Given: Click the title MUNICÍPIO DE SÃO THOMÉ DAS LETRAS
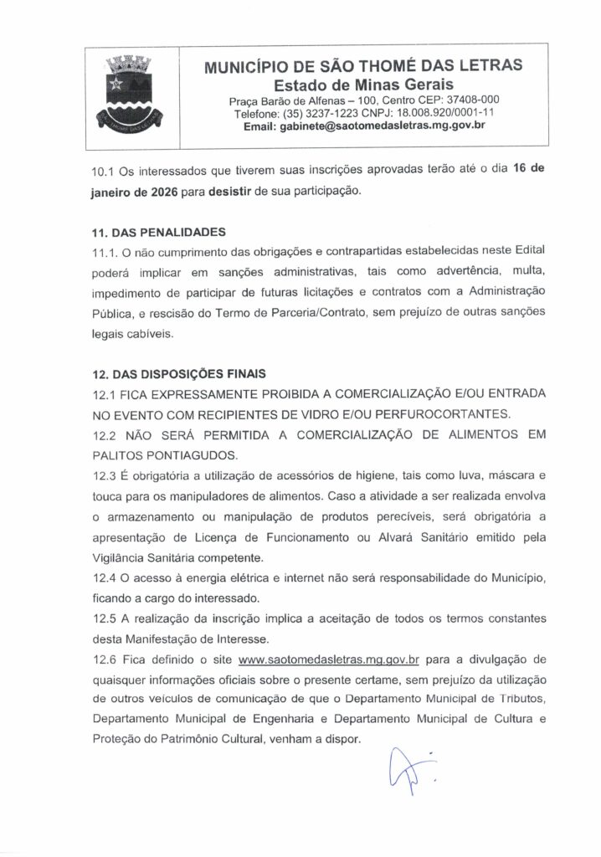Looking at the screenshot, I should coord(363,65).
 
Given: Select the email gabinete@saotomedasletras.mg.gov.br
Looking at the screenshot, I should coord(363,126).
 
